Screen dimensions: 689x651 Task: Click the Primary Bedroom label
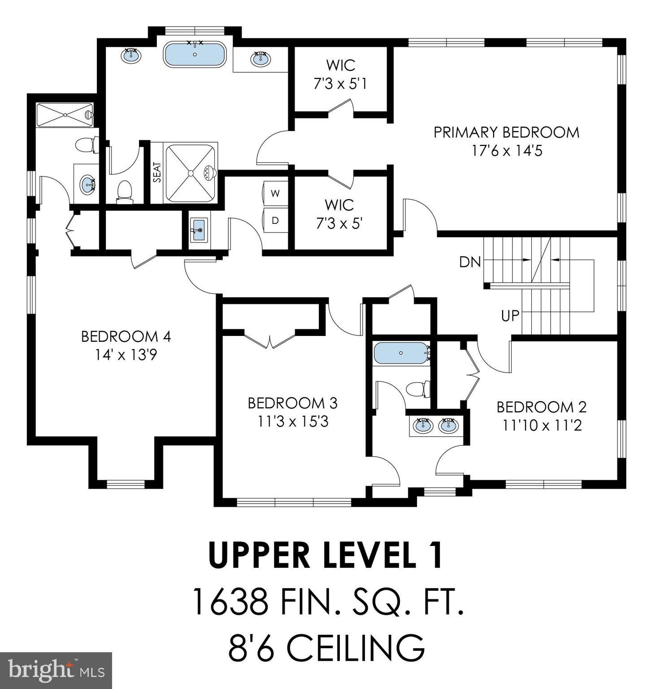(x=506, y=132)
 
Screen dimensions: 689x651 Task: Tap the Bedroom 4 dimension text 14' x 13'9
(x=126, y=355)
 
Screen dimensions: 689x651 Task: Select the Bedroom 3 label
(x=292, y=403)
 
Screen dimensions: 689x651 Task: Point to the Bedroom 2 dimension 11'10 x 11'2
(x=542, y=425)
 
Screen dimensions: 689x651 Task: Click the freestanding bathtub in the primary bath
(x=195, y=54)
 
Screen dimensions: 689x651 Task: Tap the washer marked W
(x=275, y=193)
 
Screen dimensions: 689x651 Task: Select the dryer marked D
(x=275, y=220)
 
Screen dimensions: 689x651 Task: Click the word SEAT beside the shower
(x=157, y=172)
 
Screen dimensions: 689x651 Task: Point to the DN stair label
(x=470, y=262)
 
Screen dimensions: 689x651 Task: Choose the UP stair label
(x=510, y=316)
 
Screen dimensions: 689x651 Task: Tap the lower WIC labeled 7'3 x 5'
(x=339, y=214)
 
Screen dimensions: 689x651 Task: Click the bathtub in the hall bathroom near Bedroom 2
(x=401, y=353)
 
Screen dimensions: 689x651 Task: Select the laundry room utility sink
(x=198, y=230)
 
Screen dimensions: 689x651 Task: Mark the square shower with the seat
(x=191, y=172)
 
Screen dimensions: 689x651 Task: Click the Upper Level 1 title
(x=326, y=555)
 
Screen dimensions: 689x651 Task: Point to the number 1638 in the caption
(x=230, y=602)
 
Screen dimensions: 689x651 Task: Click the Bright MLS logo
(x=56, y=671)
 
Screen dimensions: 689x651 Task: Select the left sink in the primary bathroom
(x=131, y=56)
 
